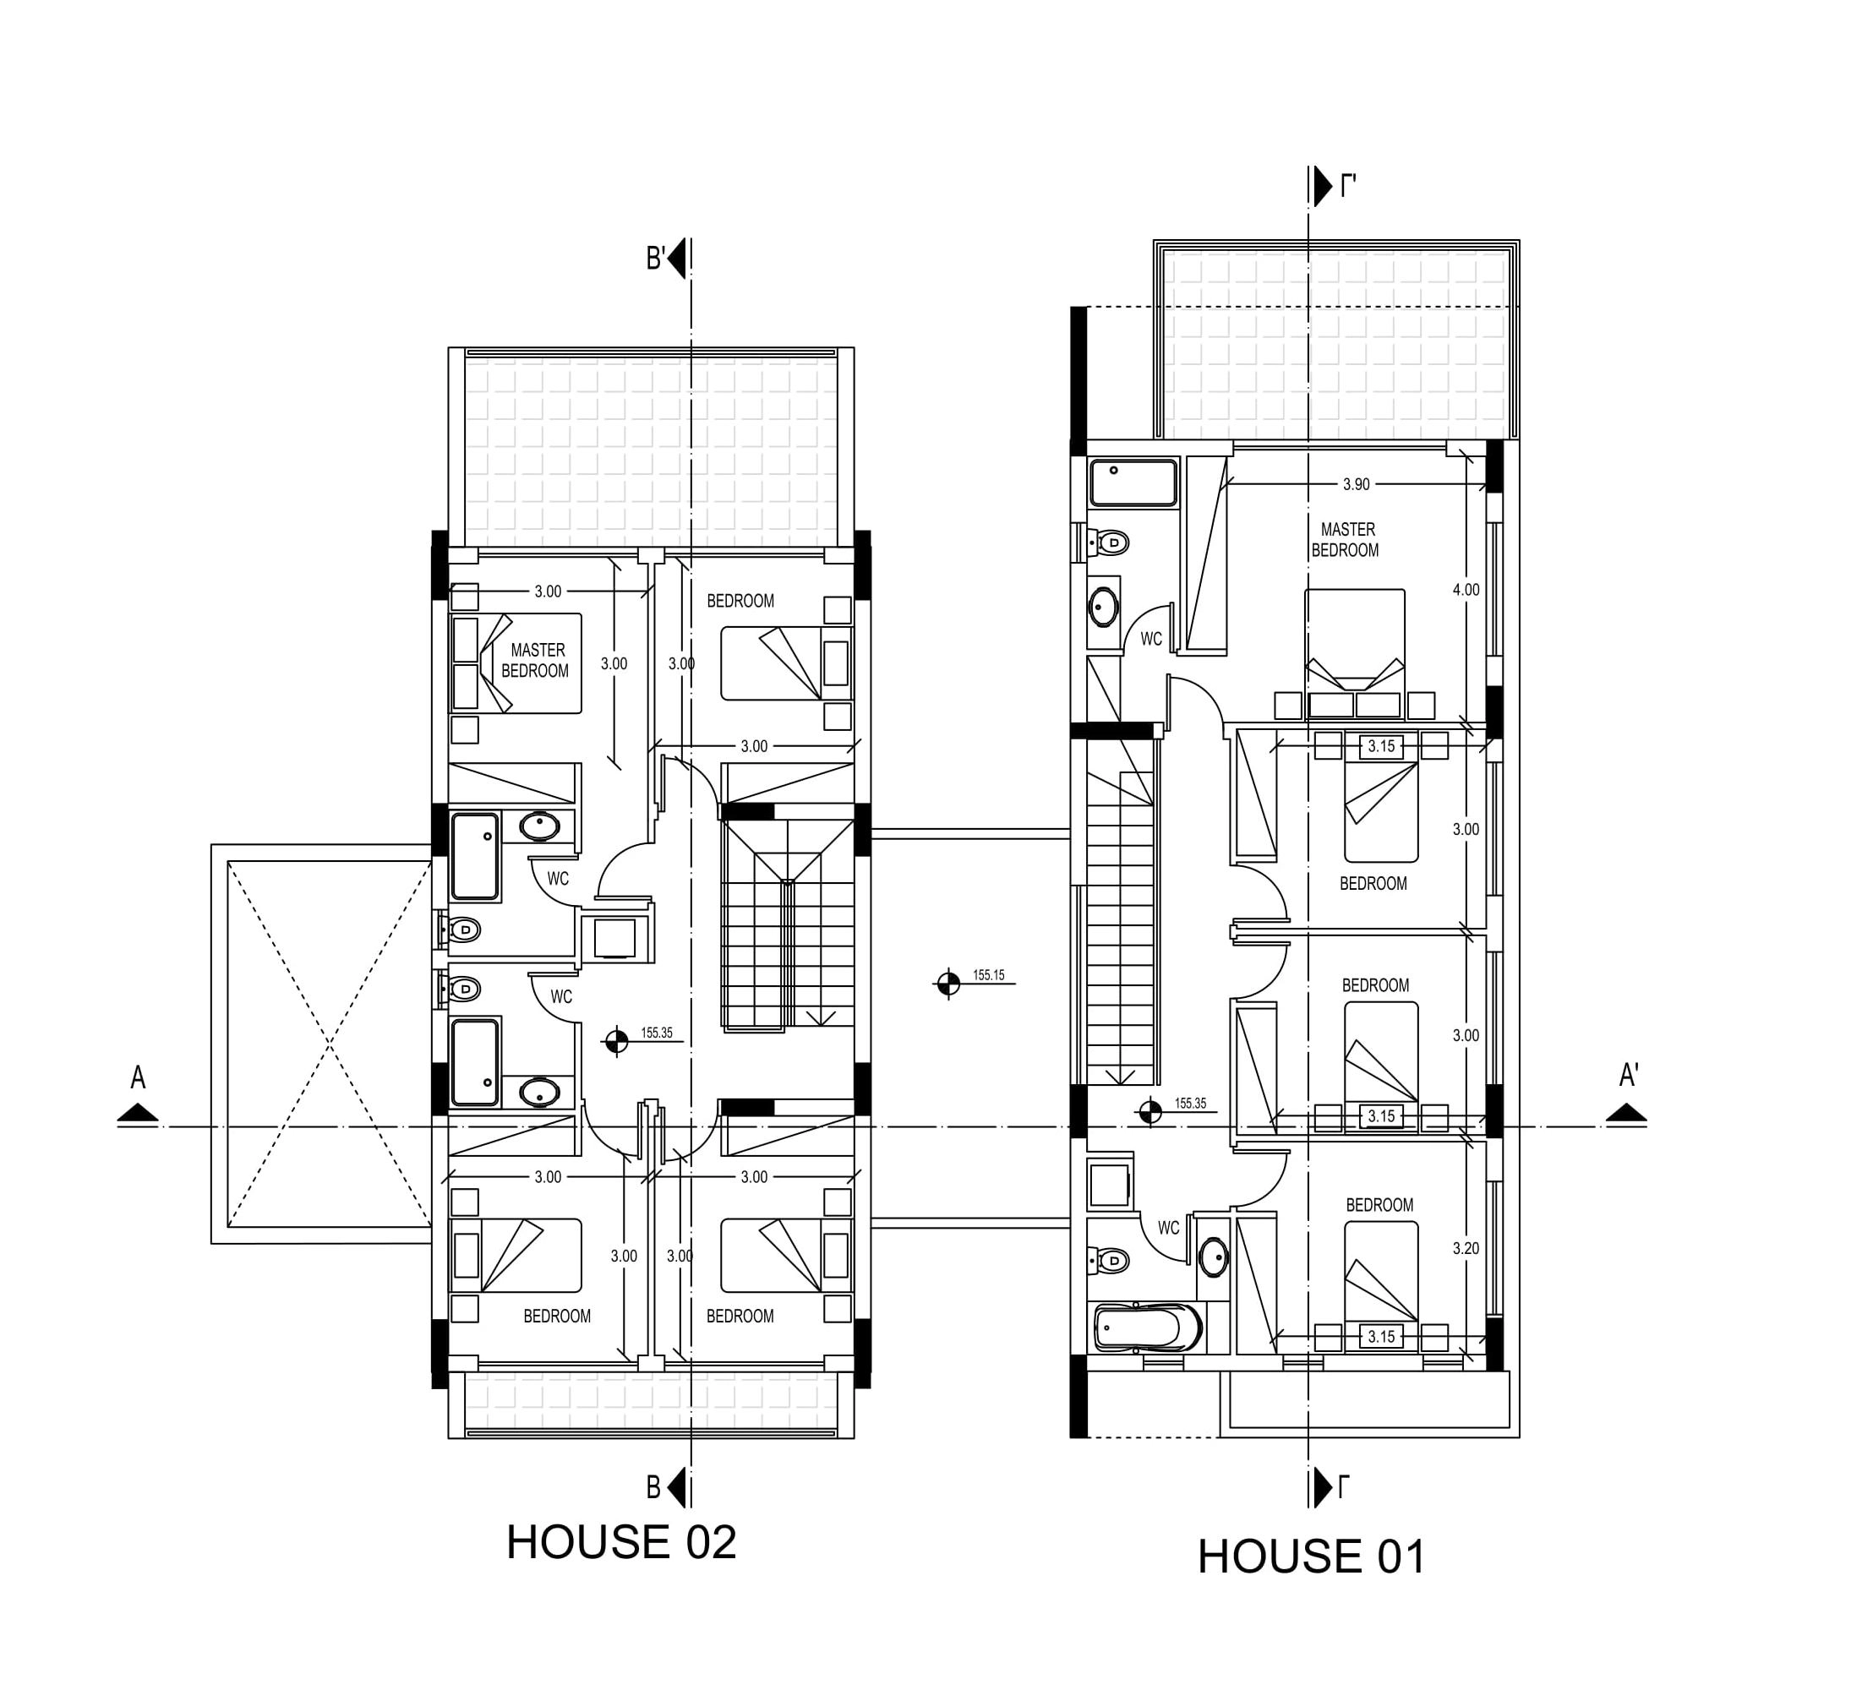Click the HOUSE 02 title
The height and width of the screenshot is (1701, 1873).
click(x=620, y=1543)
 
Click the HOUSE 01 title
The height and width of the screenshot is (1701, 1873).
click(x=1311, y=1557)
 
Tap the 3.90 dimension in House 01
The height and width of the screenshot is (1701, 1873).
click(x=1356, y=484)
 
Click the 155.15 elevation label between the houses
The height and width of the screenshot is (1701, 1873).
click(x=989, y=975)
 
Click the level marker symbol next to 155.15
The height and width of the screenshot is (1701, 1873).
click(x=947, y=983)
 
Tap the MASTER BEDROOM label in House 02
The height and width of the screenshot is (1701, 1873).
click(x=536, y=661)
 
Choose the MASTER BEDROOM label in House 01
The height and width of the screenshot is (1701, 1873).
click(x=1346, y=540)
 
